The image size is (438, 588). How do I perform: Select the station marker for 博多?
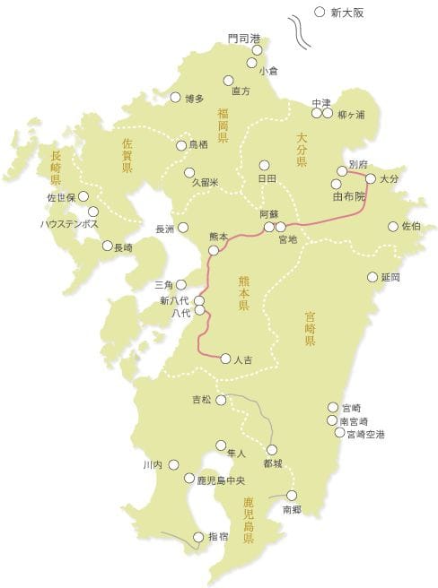(174, 98)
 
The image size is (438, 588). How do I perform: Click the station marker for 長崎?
(108, 245)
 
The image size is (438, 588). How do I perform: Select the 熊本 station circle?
(214, 250)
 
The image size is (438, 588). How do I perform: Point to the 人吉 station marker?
(225, 359)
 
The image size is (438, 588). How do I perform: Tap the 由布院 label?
(348, 195)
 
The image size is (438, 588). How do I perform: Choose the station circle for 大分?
(371, 178)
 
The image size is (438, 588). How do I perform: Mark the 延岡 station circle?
(372, 277)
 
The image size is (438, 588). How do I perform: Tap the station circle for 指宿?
(198, 537)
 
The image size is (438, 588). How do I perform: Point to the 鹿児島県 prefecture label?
(250, 524)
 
